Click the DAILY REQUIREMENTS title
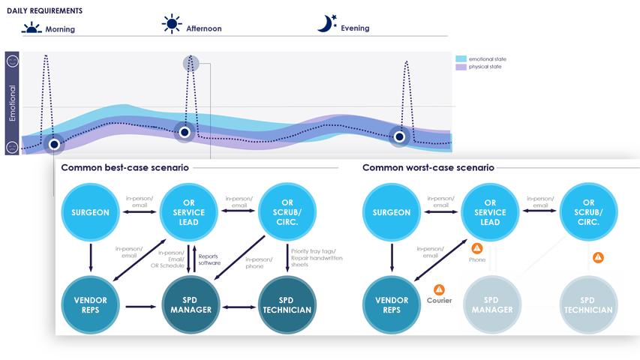pyautogui.click(x=45, y=12)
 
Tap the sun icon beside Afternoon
pyautogui.click(x=172, y=25)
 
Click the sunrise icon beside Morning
pyautogui.click(x=32, y=28)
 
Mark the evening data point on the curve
pyautogui.click(x=399, y=136)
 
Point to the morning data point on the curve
pyautogui.click(x=54, y=143)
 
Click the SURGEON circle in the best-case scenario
pyautogui.click(x=90, y=212)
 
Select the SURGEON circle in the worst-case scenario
pyautogui.click(x=392, y=212)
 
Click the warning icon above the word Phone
pyautogui.click(x=477, y=248)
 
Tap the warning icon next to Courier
pyautogui.click(x=439, y=289)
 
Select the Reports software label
pyautogui.click(x=209, y=259)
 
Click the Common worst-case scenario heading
pyautogui.click(x=428, y=167)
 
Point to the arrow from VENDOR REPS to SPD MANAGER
pyautogui.click(x=140, y=306)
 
